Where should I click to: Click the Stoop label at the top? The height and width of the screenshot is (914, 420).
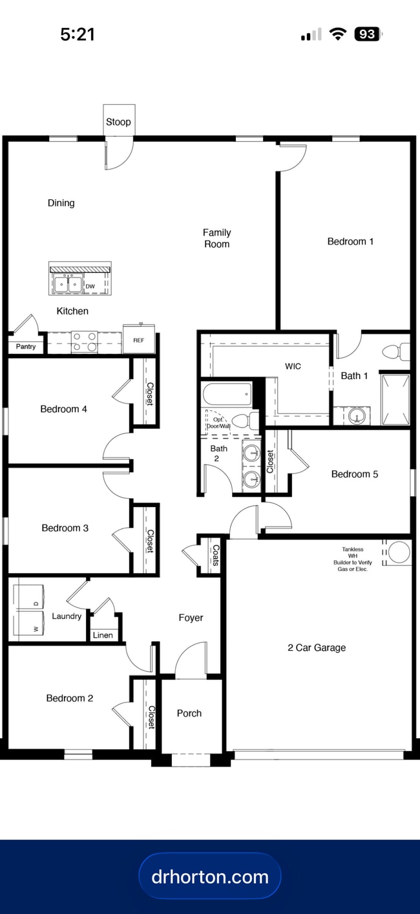click(x=118, y=122)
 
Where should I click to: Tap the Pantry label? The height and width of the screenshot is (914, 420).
click(x=26, y=347)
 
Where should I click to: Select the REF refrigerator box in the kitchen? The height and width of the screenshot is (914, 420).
click(x=138, y=340)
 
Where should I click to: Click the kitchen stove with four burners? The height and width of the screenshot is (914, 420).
click(x=84, y=342)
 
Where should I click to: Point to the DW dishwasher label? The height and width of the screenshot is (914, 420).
click(x=90, y=286)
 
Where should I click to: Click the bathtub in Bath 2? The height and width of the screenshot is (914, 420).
click(x=226, y=394)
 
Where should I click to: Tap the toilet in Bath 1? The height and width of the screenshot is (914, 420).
click(x=395, y=352)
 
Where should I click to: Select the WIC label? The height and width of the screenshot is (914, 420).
click(x=293, y=366)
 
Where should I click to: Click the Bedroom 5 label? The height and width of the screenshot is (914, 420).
click(x=354, y=474)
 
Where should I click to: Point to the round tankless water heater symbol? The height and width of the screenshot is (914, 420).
click(x=399, y=552)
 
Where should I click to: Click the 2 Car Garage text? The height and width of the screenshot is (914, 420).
click(x=317, y=647)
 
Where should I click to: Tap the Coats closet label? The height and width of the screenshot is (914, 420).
click(x=215, y=555)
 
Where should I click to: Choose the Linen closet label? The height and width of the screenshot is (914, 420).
click(x=103, y=635)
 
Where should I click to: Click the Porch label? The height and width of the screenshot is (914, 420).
click(x=189, y=713)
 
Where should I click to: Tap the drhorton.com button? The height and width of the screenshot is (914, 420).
click(x=210, y=876)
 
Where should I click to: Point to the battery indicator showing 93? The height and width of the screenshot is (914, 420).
click(x=368, y=34)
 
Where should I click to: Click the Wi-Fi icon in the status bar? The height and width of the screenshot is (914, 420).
click(x=337, y=34)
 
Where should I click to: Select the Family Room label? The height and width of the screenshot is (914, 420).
click(x=217, y=238)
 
